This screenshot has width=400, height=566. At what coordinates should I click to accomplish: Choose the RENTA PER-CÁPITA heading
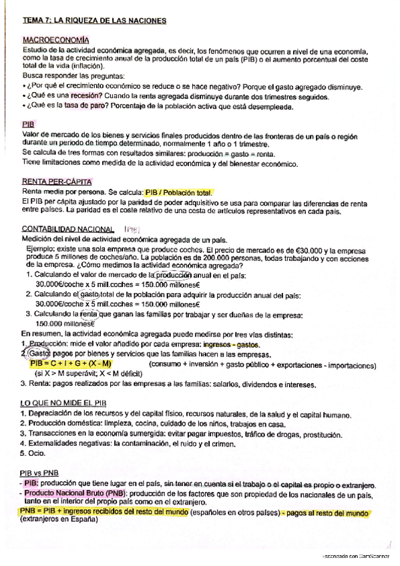coord(57,182)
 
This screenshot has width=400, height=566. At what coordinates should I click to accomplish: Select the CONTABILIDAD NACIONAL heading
coord(66,228)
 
